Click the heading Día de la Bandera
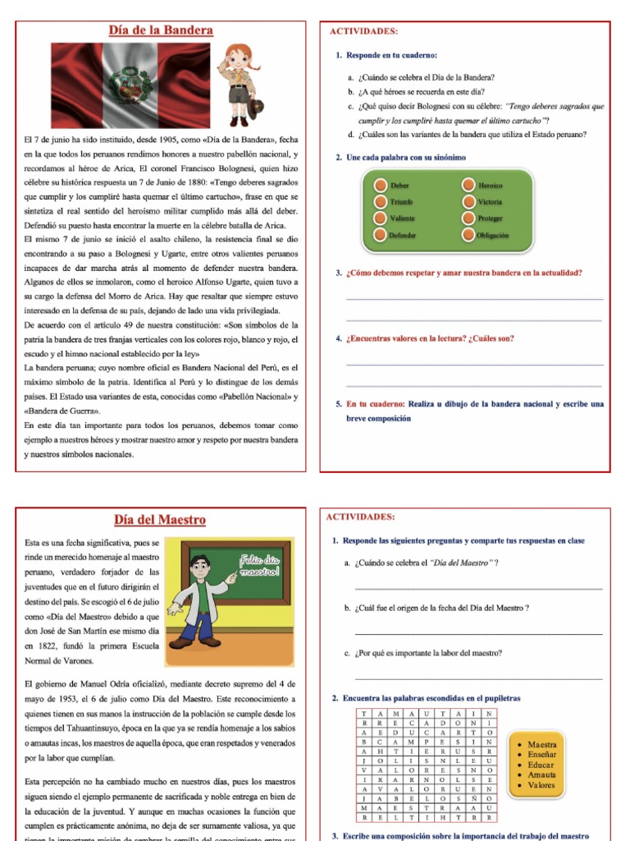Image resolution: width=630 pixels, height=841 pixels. (x=161, y=31)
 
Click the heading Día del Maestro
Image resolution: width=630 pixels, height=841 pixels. (x=160, y=520)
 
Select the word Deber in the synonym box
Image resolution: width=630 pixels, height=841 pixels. (x=400, y=186)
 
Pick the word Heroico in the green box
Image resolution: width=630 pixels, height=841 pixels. (x=491, y=186)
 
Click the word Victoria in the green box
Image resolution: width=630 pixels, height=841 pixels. (x=491, y=202)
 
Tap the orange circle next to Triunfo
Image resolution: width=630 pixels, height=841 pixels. (x=379, y=202)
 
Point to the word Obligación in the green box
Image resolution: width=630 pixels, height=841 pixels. (x=493, y=235)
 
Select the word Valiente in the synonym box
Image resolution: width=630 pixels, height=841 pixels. (x=404, y=218)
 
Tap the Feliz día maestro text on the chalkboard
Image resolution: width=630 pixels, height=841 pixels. (x=259, y=565)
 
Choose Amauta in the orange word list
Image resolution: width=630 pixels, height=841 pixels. (x=541, y=774)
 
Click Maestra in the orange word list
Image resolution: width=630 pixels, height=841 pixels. (x=541, y=745)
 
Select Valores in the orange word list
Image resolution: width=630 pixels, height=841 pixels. (x=541, y=785)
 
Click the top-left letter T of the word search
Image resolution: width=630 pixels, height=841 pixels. (x=363, y=715)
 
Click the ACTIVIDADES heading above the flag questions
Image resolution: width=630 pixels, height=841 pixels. (x=363, y=31)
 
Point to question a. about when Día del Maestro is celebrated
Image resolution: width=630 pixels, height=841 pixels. (x=427, y=563)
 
